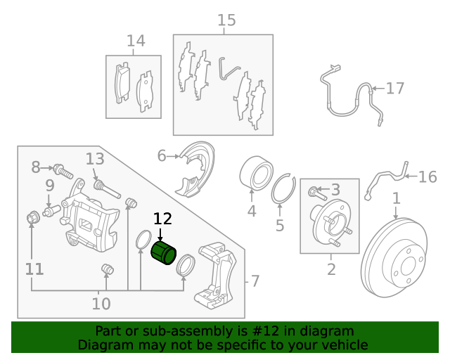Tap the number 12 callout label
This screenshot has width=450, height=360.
pos(162,220)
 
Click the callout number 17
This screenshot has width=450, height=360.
pos(395,89)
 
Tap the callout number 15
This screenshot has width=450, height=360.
pos(226,20)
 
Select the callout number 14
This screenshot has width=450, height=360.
pos(136,41)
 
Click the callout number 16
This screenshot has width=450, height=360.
pos(427,176)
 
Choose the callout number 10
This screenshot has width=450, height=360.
pos(101,304)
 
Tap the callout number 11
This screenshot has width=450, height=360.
pos(34,269)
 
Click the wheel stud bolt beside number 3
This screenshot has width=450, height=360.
pos(314,190)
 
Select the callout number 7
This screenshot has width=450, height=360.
pos(255,281)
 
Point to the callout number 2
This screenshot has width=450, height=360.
pos(331,269)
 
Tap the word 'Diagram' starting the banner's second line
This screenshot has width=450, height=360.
pos(105,345)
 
